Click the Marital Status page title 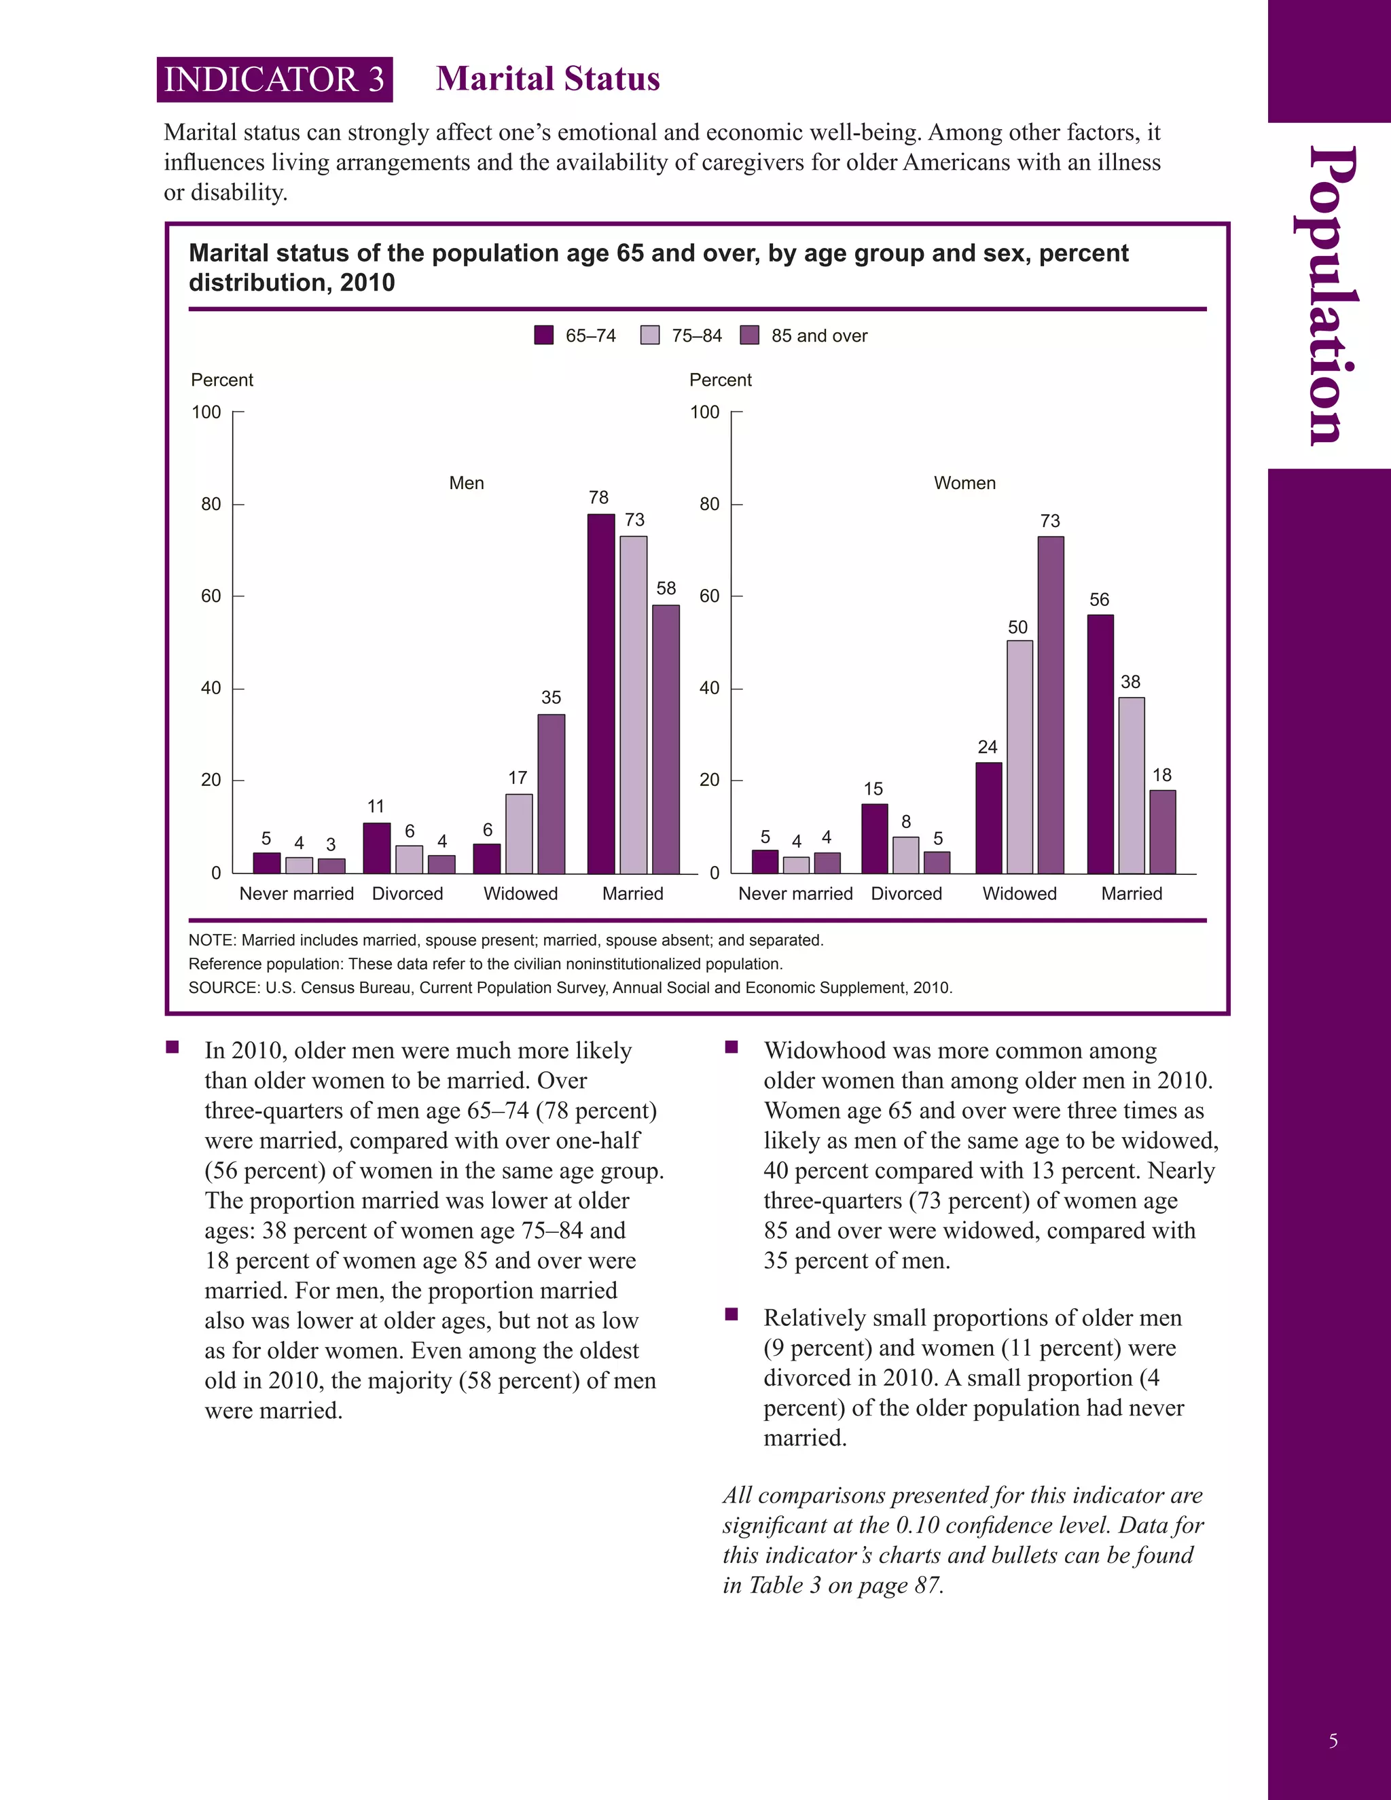click(548, 79)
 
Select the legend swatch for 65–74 click(544, 336)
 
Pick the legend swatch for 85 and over click(749, 336)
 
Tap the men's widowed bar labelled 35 click(552, 793)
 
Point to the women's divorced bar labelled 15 click(874, 838)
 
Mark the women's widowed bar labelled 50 click(1019, 757)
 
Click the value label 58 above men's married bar click(666, 588)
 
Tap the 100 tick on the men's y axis click(207, 412)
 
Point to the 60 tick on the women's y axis click(710, 596)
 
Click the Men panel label click(467, 483)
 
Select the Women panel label click(964, 483)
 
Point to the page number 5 click(1333, 1741)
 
